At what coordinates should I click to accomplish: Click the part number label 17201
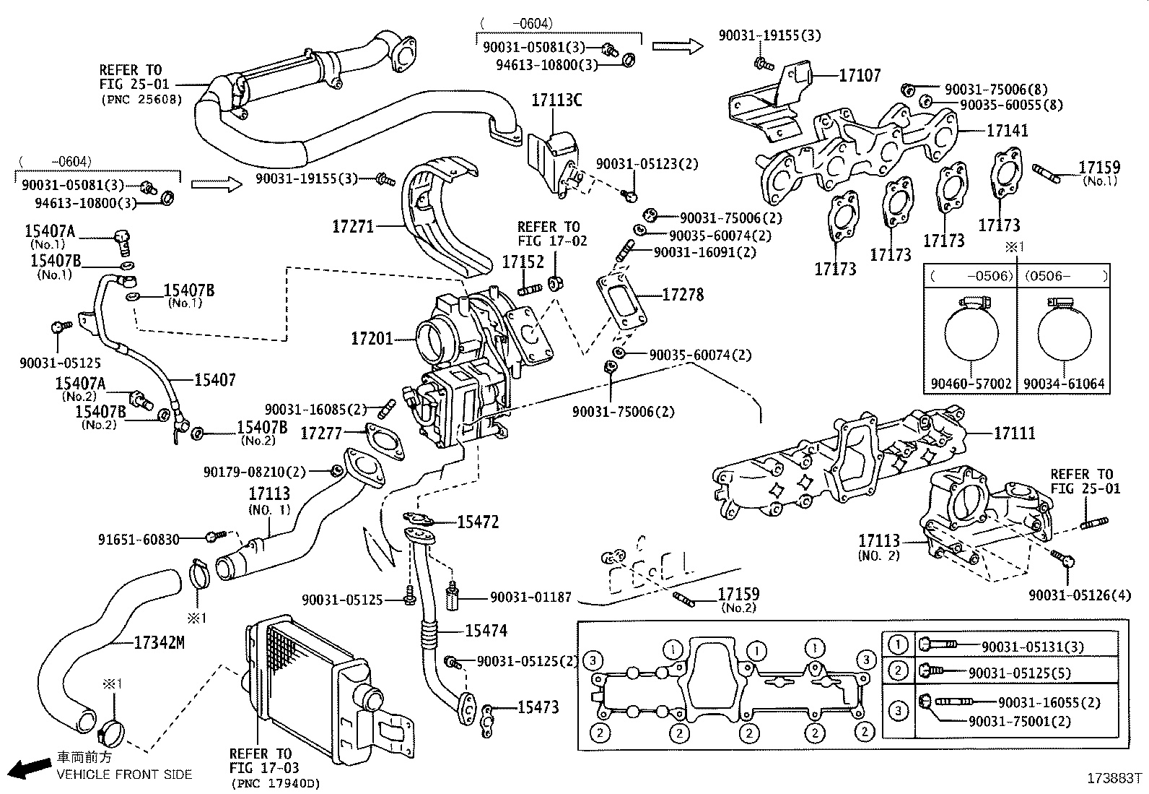372,338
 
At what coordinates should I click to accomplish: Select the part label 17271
353,227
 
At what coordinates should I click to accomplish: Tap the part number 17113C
556,100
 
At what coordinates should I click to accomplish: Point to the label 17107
860,75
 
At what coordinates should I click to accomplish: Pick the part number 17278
683,295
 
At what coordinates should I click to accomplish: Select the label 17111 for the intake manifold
1014,433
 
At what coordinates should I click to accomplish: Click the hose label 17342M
159,642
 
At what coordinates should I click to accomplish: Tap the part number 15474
486,631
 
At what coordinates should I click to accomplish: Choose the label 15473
538,707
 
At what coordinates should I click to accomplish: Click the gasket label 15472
478,522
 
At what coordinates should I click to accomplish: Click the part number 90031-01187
530,597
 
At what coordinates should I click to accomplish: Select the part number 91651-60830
139,539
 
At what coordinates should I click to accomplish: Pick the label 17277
321,433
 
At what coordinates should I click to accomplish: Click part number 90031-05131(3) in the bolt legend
1032,647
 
